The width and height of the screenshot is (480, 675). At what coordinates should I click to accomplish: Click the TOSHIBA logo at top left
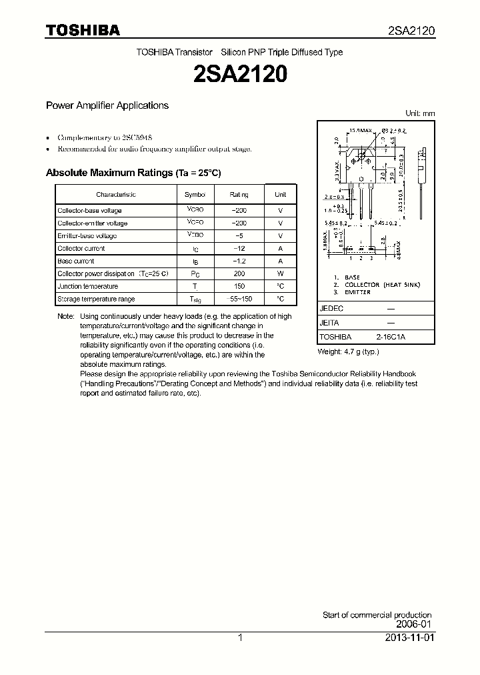pyautogui.click(x=83, y=31)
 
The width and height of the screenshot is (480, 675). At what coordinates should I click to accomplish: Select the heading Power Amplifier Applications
pyautogui.click(x=107, y=105)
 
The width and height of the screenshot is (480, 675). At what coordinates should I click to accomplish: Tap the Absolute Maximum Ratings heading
pyautogui.click(x=133, y=173)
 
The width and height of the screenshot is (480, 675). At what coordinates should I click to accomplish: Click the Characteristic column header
pyautogui.click(x=115, y=195)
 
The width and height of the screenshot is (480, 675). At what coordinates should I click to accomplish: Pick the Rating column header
pyautogui.click(x=239, y=195)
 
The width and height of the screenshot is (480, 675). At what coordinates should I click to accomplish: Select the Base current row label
pyautogui.click(x=76, y=261)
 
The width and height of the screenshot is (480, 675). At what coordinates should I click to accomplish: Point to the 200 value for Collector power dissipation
pyautogui.click(x=239, y=274)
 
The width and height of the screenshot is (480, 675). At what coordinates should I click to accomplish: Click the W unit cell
pyautogui.click(x=280, y=274)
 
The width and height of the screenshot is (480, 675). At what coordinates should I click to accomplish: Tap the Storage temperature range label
pyautogui.click(x=96, y=299)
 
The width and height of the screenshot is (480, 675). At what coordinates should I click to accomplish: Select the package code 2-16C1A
pyautogui.click(x=390, y=337)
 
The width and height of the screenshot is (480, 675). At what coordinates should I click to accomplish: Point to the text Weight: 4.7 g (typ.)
pyautogui.click(x=348, y=352)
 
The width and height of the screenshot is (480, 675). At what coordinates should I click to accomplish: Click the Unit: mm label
pyautogui.click(x=420, y=113)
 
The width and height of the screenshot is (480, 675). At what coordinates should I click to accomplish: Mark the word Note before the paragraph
pyautogui.click(x=65, y=317)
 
